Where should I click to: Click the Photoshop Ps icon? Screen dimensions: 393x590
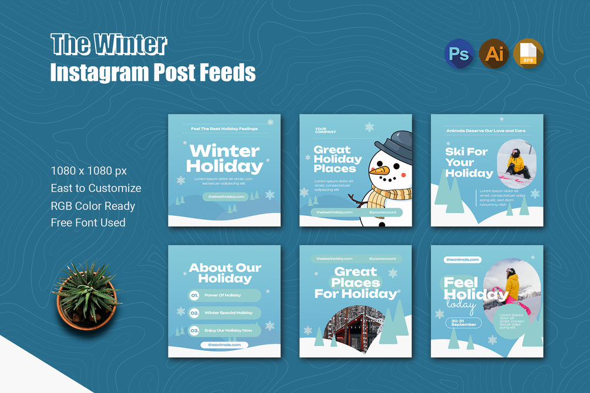458,53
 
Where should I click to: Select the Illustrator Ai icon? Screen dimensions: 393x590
494,53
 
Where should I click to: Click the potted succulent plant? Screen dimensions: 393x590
87,294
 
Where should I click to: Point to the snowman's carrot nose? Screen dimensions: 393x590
382,171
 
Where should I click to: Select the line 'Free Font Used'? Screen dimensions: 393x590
88,222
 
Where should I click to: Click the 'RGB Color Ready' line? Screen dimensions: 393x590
93,206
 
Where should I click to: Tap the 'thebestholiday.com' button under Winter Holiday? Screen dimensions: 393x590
226,197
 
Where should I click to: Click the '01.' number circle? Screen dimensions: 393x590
194,296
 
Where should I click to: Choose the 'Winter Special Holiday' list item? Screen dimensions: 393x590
228,313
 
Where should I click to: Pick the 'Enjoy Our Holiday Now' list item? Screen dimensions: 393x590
228,331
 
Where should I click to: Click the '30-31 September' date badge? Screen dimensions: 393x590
463,323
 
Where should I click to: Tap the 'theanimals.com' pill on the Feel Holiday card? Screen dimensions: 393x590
463,259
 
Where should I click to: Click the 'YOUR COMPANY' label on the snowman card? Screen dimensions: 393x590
325,130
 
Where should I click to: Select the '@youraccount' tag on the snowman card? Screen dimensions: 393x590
382,212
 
